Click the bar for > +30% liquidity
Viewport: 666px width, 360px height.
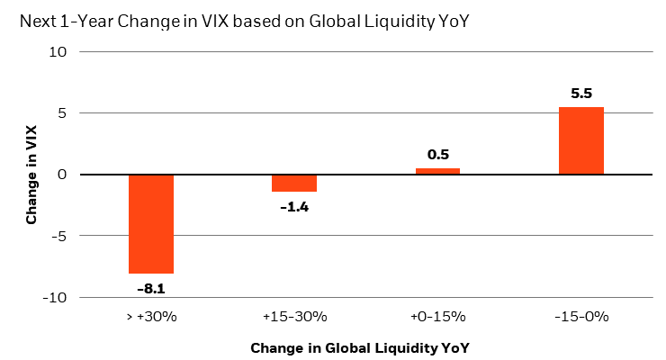[151, 223]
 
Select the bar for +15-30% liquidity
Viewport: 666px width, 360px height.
[294, 183]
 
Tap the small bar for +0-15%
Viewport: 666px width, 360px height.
[437, 171]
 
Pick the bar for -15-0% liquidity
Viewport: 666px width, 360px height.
[580, 140]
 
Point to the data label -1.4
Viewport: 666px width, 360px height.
[294, 206]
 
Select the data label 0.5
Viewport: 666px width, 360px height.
[438, 155]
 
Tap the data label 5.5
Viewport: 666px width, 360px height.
[580, 94]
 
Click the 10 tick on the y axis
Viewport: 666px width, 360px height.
[58, 52]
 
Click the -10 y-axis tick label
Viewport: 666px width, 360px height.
[56, 297]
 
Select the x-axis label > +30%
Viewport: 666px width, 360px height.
[151, 316]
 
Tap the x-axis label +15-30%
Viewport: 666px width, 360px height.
[294, 316]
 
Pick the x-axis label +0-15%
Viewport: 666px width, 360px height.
[437, 316]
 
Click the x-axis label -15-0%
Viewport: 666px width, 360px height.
[580, 316]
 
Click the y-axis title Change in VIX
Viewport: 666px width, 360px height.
[32, 175]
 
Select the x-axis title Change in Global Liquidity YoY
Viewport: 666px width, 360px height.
[360, 346]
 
